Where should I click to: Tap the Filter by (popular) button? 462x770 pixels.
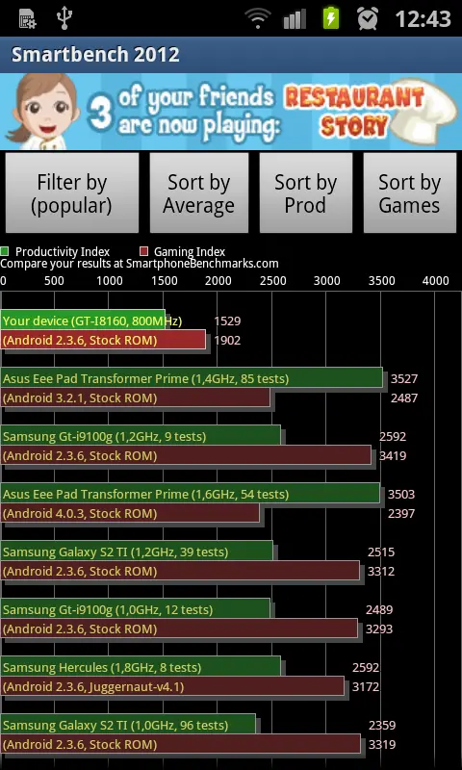[x=71, y=193]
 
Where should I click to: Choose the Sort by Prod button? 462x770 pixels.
[x=305, y=193]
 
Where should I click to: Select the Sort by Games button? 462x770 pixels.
[x=409, y=193]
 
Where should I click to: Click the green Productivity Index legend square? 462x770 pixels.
[x=5, y=251]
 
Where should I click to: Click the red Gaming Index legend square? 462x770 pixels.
[x=143, y=251]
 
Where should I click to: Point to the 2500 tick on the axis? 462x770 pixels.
[x=272, y=280]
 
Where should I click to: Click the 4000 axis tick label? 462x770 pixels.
[x=435, y=280]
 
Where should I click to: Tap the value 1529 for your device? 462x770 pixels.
[x=227, y=321]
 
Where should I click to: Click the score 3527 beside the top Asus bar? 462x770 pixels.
[x=404, y=378]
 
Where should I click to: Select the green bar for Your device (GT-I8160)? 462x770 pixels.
[x=83, y=320]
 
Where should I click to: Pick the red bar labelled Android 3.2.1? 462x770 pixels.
[x=135, y=398]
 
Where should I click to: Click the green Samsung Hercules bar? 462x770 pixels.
[x=140, y=666]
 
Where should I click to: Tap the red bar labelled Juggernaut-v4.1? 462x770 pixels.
[x=172, y=686]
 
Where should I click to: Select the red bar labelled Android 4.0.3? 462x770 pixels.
[x=130, y=513]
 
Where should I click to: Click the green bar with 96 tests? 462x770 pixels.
[x=128, y=725]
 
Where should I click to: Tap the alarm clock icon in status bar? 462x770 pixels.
[x=368, y=18]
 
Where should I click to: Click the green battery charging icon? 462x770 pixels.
[x=331, y=18]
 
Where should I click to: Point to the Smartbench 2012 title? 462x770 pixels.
[x=95, y=55]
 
